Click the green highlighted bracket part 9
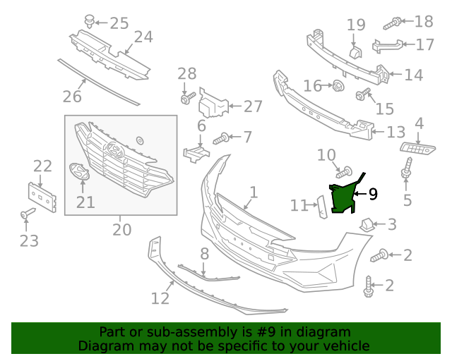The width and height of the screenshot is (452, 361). point(343,198)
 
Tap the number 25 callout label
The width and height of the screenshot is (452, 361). point(119,23)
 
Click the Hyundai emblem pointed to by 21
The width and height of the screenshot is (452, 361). point(78,171)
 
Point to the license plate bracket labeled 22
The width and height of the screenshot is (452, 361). point(42,195)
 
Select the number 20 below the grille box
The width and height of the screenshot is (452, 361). point(121,229)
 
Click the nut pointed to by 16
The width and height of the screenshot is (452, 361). point(338,86)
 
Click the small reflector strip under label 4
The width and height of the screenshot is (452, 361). point(418,147)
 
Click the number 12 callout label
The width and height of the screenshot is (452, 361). point(160,298)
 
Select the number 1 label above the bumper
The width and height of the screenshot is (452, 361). point(254,192)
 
